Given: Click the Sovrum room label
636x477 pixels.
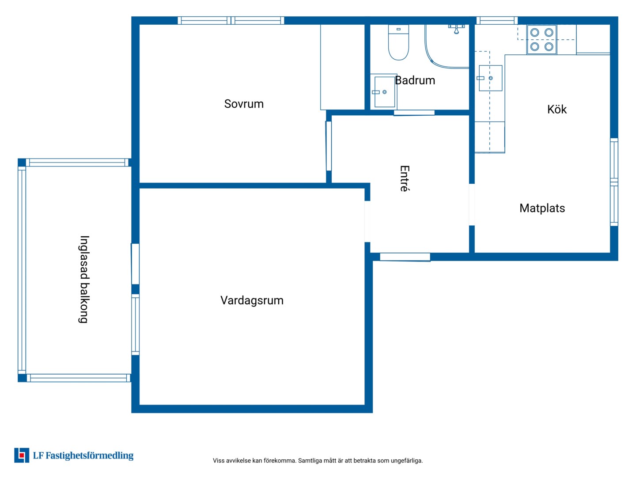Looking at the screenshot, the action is click(x=244, y=104).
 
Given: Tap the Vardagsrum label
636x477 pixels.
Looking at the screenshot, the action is click(x=252, y=301).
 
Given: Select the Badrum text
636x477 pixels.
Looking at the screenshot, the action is click(x=415, y=80).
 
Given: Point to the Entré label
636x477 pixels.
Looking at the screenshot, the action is click(x=405, y=179).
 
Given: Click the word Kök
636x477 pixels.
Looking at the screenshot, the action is click(x=556, y=109).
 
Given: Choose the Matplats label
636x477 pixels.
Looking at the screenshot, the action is click(x=542, y=208).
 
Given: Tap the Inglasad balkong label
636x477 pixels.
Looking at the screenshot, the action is click(x=84, y=279).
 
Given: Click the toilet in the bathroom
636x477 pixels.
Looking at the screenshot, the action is click(x=398, y=42).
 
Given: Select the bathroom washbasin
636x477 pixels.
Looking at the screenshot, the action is click(x=384, y=91).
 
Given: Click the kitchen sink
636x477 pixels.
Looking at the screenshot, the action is click(x=490, y=78).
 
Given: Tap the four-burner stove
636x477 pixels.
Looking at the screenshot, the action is click(x=541, y=39).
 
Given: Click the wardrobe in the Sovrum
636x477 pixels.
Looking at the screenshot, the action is click(x=342, y=67).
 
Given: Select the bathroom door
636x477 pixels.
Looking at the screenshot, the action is click(x=414, y=113).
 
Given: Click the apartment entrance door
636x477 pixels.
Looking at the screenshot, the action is click(x=405, y=257).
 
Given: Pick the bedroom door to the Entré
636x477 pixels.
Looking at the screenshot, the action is click(x=329, y=146).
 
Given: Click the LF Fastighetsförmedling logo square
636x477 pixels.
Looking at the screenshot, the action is click(x=22, y=455).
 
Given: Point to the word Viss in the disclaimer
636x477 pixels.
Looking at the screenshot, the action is click(x=218, y=461).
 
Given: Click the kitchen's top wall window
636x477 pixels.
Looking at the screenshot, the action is click(x=497, y=20).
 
